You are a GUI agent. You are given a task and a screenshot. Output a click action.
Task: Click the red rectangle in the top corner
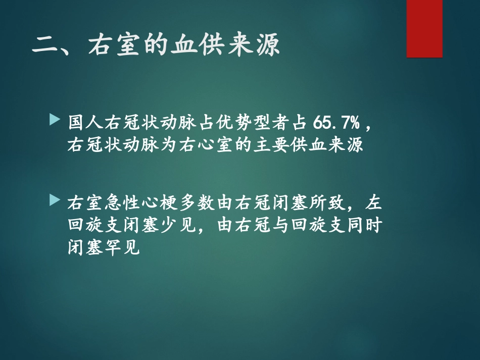click(x=424, y=28)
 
